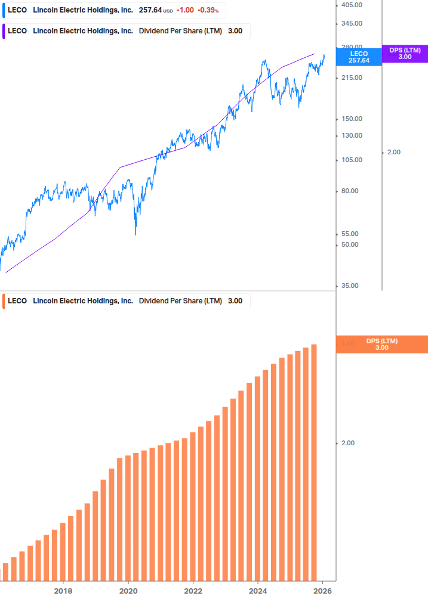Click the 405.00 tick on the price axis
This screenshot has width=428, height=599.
[351, 5]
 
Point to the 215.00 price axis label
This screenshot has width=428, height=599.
[351, 77]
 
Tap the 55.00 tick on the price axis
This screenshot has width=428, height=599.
[349, 234]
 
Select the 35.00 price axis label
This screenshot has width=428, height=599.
[349, 285]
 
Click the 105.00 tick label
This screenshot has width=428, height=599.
[351, 160]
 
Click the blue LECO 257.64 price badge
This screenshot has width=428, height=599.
[359, 57]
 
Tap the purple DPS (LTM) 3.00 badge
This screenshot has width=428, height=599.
[405, 54]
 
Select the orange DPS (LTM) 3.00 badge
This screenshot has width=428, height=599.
[382, 344]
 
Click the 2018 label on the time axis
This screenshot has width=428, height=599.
[63, 591]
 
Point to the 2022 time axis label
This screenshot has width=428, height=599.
[193, 591]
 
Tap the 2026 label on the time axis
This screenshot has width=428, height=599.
[322, 591]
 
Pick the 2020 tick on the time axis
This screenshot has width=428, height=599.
[128, 591]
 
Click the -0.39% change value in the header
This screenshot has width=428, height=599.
[208, 11]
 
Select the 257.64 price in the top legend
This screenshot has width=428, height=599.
[150, 11]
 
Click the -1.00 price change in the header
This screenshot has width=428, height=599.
[184, 11]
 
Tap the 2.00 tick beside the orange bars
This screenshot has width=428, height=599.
[347, 443]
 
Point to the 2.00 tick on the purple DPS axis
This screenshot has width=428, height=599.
[393, 152]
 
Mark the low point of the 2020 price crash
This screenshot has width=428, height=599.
[136, 234]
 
